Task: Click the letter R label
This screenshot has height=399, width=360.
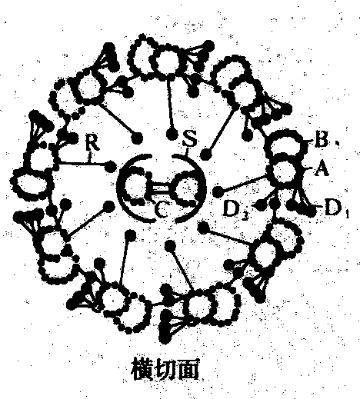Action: (x=92, y=142)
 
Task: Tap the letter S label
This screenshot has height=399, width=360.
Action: (x=189, y=139)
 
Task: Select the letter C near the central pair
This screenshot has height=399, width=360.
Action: (x=161, y=210)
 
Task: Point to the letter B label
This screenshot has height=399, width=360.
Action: (x=321, y=139)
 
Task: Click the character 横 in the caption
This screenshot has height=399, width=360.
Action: (x=142, y=369)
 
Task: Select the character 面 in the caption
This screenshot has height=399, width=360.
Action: (x=188, y=369)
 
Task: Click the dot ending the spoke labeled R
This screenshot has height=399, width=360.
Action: (x=111, y=167)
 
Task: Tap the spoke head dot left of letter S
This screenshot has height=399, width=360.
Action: (x=172, y=134)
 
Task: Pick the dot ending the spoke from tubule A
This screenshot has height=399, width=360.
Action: (x=218, y=191)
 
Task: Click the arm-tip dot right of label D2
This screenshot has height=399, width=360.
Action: (x=261, y=206)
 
